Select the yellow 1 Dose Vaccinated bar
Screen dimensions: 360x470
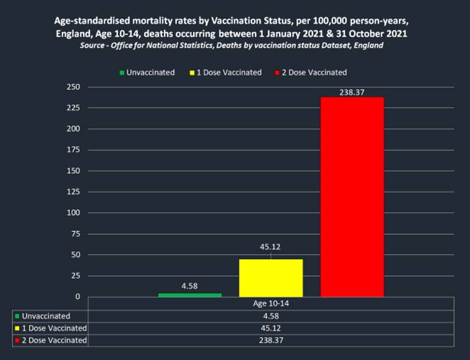271,277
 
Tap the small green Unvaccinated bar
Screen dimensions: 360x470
190,295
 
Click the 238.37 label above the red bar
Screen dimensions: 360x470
352,92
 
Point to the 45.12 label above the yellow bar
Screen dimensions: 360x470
270,247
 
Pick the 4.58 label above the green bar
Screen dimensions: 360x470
190,286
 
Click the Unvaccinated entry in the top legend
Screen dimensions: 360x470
147,73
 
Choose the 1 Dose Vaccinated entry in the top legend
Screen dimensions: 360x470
226,73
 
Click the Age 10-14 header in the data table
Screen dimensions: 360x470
271,304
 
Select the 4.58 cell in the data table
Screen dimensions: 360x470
271,316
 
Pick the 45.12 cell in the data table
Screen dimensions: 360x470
271,328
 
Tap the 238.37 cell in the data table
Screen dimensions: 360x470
271,340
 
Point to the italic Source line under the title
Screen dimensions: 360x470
232,45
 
